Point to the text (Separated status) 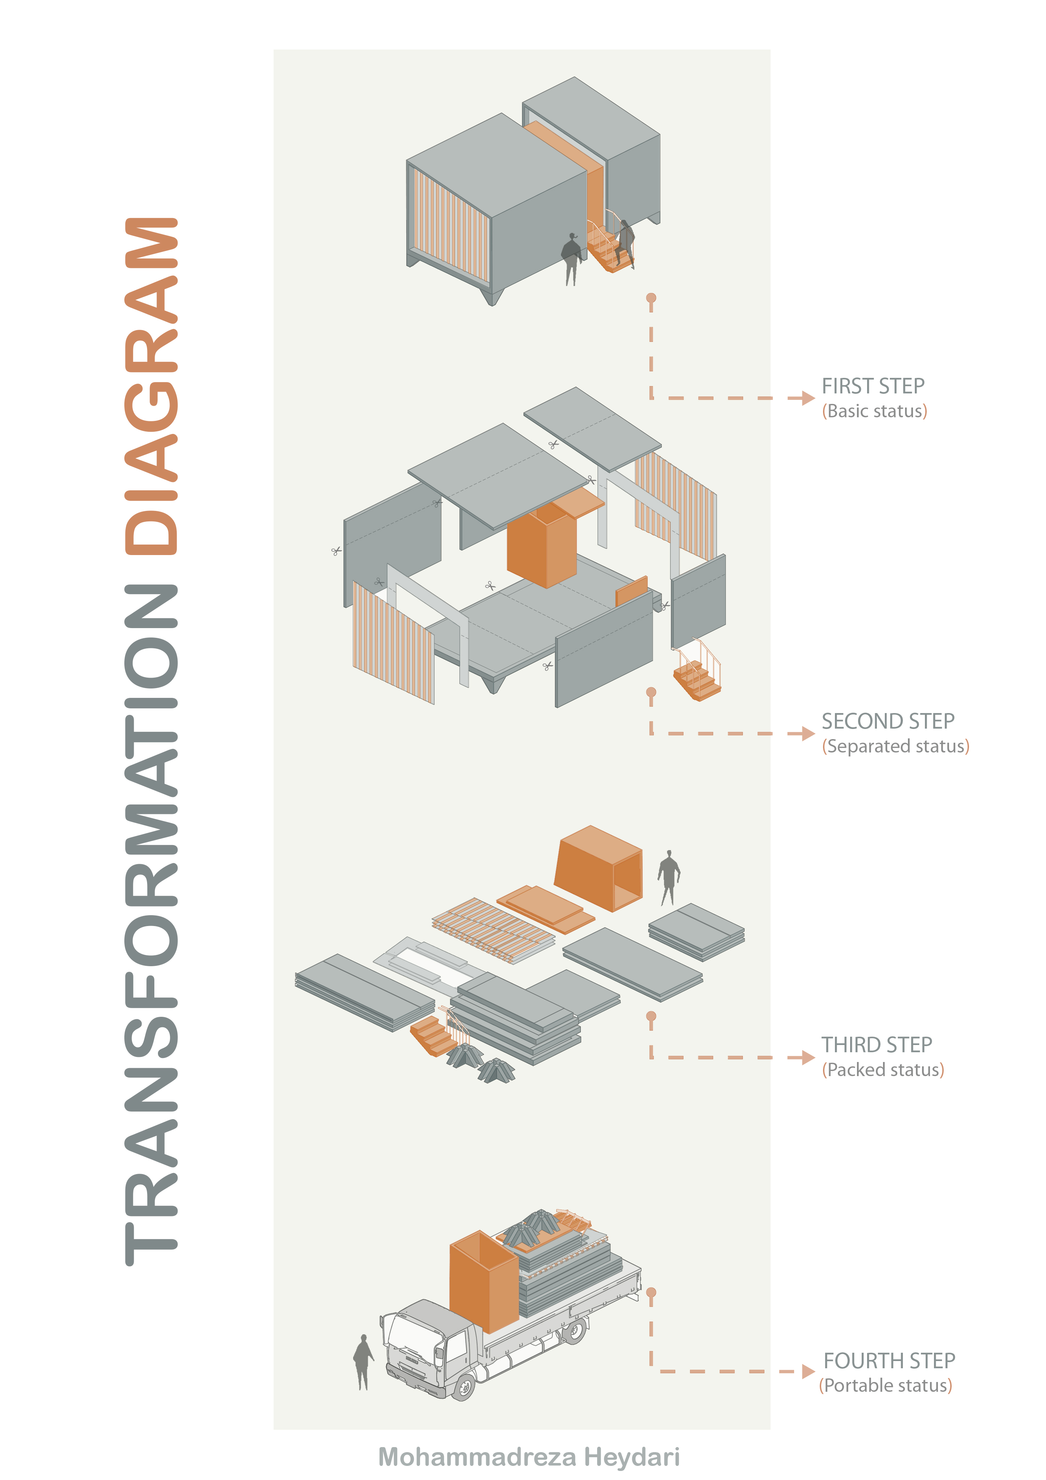coord(895,746)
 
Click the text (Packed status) coord(882,1070)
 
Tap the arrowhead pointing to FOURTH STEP coord(807,1372)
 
